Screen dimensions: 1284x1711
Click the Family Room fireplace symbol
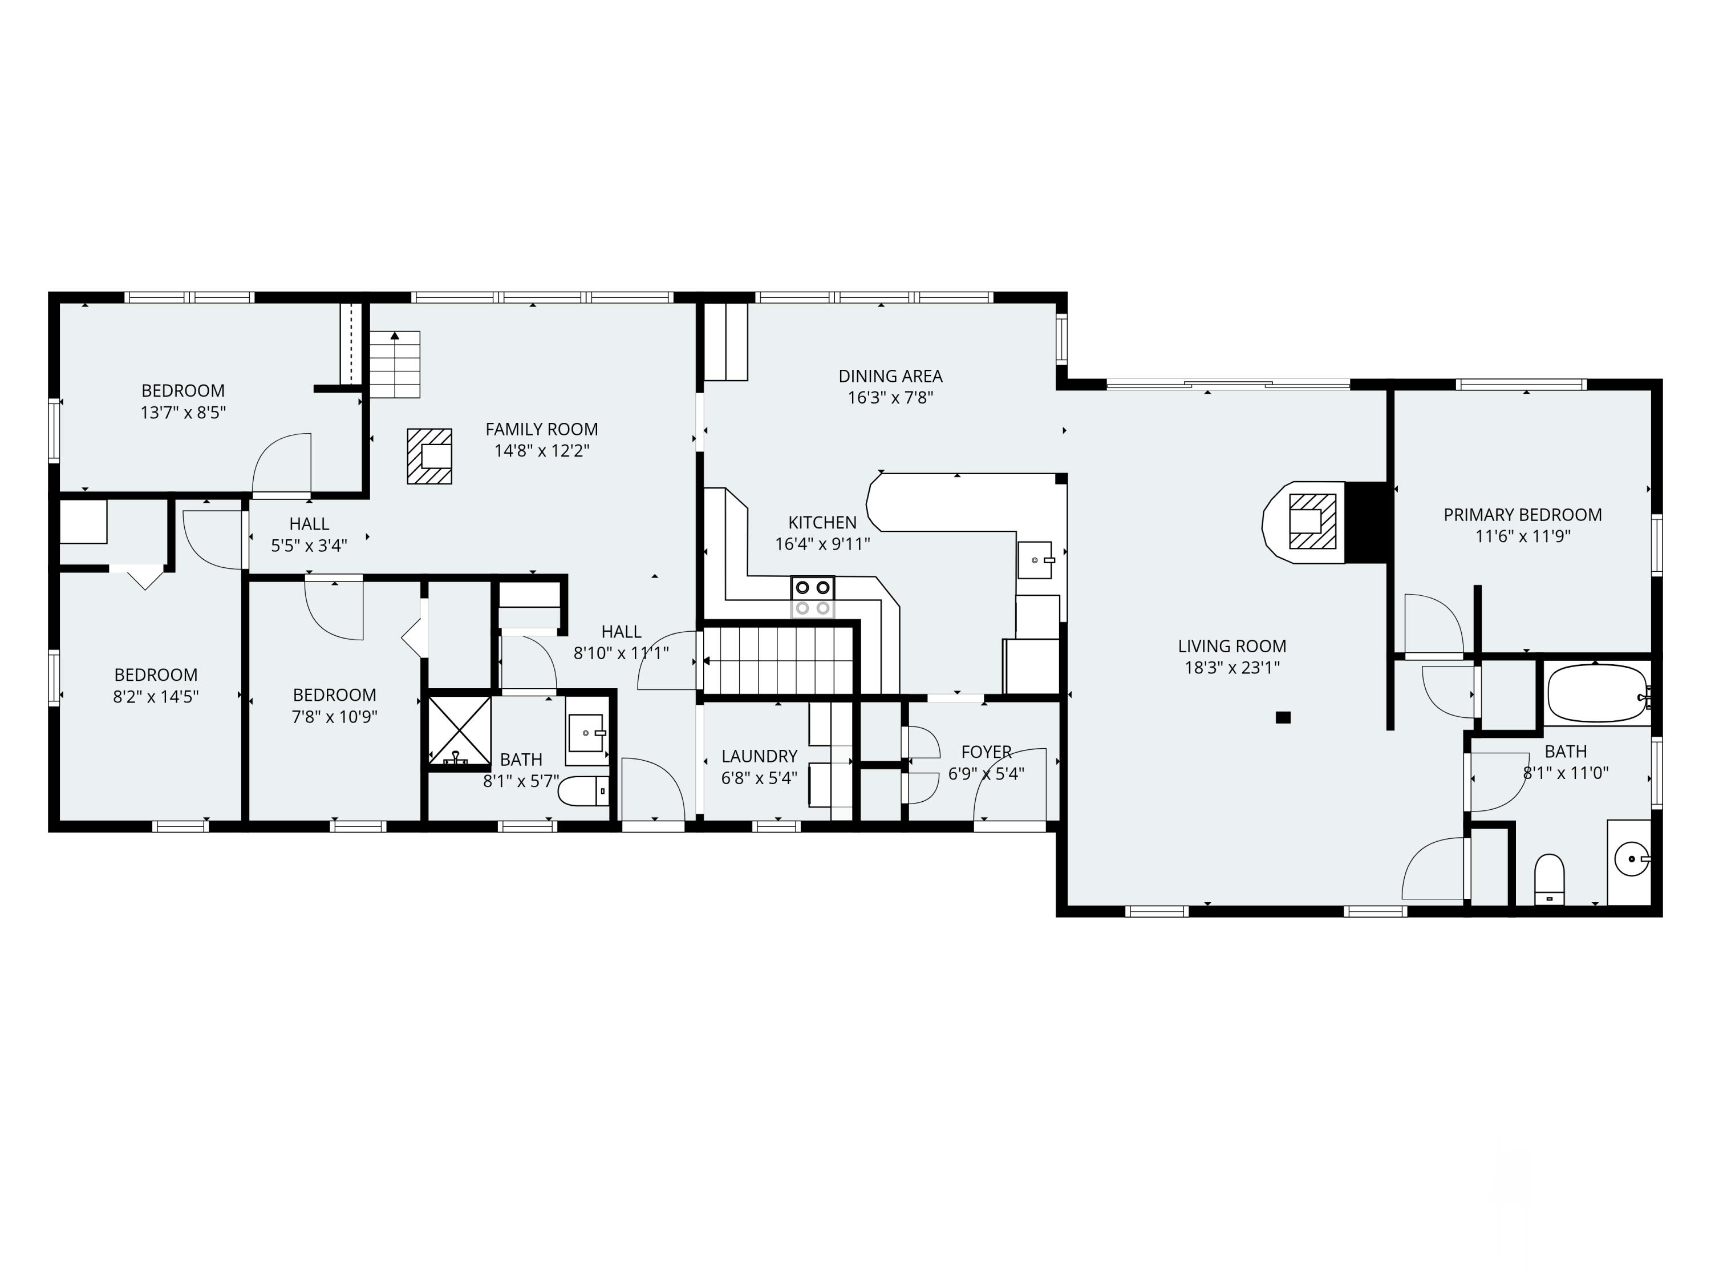(x=429, y=457)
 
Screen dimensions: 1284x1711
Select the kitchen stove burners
(x=812, y=597)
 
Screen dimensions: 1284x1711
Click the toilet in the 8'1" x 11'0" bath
(x=1548, y=878)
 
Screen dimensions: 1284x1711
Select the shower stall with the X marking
(x=460, y=730)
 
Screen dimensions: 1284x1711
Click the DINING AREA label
(x=890, y=376)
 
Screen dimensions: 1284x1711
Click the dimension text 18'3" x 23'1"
(x=1231, y=667)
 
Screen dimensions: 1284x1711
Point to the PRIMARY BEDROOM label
(x=1522, y=515)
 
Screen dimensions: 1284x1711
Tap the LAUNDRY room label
(x=759, y=756)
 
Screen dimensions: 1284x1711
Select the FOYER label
(x=986, y=752)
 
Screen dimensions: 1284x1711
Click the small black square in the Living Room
(x=1283, y=717)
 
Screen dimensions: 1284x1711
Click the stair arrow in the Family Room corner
(x=395, y=337)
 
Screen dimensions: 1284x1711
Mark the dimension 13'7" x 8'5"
(x=183, y=413)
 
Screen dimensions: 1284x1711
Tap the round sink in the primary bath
(x=1631, y=859)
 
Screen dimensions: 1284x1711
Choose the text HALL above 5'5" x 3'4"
(x=309, y=524)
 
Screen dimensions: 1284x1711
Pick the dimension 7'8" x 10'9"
(x=334, y=717)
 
